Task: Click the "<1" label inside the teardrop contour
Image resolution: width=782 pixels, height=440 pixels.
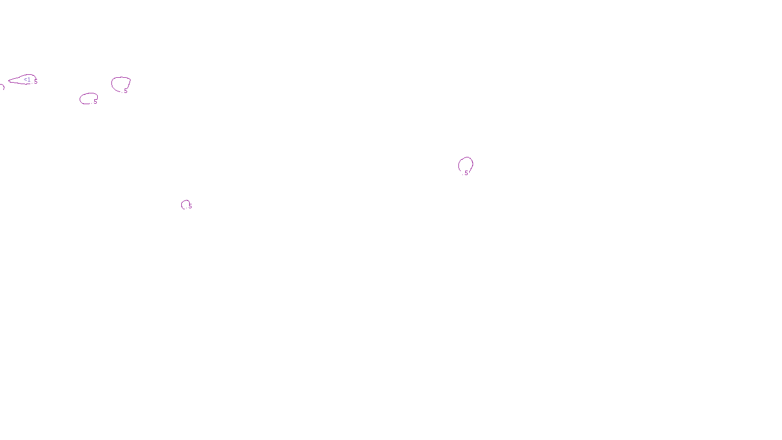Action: pyautogui.click(x=27, y=80)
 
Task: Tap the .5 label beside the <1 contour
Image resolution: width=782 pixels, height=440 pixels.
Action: pyautogui.click(x=35, y=82)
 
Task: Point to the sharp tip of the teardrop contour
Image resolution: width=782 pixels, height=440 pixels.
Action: pyautogui.click(x=9, y=81)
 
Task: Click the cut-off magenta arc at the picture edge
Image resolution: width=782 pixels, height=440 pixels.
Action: pyautogui.click(x=2, y=87)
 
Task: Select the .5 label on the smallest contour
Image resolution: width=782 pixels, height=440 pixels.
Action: pyautogui.click(x=190, y=206)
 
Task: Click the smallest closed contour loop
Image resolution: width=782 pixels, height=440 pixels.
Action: pyautogui.click(x=185, y=204)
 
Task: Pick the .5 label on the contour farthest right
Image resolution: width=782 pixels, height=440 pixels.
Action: pyautogui.click(x=466, y=173)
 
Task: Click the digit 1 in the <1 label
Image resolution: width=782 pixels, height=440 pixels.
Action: pyautogui.click(x=29, y=80)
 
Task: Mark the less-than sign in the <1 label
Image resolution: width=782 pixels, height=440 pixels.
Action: pyautogui.click(x=25, y=80)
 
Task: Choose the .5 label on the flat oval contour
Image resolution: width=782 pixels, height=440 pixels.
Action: pyautogui.click(x=95, y=102)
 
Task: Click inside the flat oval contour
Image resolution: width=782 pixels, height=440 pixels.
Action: pyautogui.click(x=88, y=98)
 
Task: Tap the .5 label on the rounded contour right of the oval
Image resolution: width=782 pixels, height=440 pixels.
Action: pyautogui.click(x=125, y=91)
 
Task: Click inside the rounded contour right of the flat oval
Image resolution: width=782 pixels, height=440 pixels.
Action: pyautogui.click(x=120, y=84)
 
